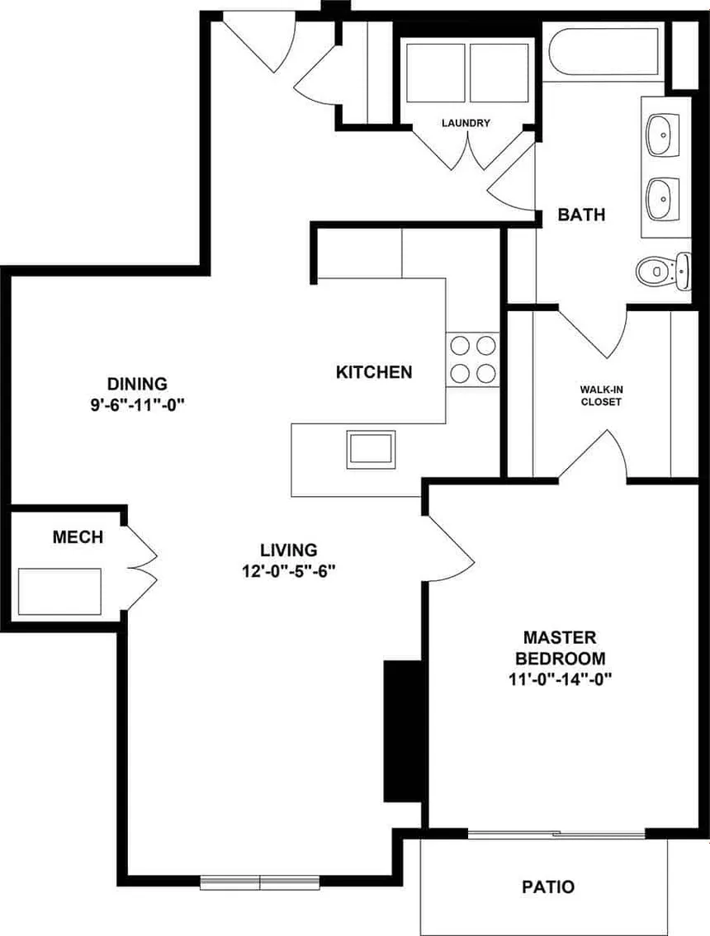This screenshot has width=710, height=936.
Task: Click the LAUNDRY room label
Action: [x=466, y=124]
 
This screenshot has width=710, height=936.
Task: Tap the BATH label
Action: [x=581, y=215]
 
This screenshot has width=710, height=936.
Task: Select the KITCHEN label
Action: [x=373, y=372]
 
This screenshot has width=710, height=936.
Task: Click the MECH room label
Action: [x=78, y=538]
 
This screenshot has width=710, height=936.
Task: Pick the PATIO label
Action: [x=548, y=888]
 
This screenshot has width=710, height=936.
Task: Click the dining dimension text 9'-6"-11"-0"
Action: [x=137, y=407]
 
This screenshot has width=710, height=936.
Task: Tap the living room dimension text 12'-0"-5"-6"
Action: [x=288, y=571]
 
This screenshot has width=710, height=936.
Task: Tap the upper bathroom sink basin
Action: [x=661, y=135]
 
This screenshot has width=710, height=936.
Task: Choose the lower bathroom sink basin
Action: [x=661, y=197]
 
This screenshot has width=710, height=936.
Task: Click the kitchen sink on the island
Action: [x=371, y=449]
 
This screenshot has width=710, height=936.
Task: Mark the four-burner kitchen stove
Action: [x=474, y=360]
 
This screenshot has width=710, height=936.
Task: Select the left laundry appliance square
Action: [x=436, y=71]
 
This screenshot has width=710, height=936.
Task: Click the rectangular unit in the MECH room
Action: [x=60, y=591]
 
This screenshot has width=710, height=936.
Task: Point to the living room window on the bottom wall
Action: [x=260, y=882]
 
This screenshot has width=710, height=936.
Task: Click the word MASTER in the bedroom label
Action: [x=560, y=638]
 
